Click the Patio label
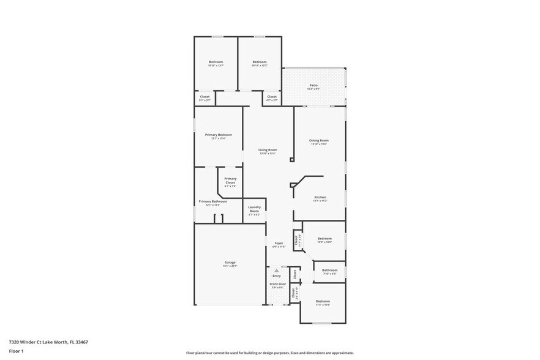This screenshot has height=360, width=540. pyautogui.click(x=313, y=85)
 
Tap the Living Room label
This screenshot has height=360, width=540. pyautogui.click(x=268, y=150)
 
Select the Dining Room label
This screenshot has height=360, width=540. pyautogui.click(x=319, y=141)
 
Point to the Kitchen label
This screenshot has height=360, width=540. pyautogui.click(x=320, y=197)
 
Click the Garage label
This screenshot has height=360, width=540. pyautogui.click(x=230, y=262)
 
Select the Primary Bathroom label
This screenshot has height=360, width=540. pyautogui.click(x=212, y=201)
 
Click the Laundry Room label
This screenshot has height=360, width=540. pyautogui.click(x=255, y=209)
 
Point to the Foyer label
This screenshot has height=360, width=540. pyautogui.click(x=279, y=243)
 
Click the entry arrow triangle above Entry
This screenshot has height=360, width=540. pyautogui.click(x=277, y=270)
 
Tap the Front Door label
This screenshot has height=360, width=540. pyautogui.click(x=278, y=284)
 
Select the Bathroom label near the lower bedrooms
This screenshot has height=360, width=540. pyautogui.click(x=330, y=270)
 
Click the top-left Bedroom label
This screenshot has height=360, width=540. pyautogui.click(x=216, y=62)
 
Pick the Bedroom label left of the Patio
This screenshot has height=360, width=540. pyautogui.click(x=260, y=62)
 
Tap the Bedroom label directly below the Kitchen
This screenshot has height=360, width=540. pyautogui.click(x=324, y=239)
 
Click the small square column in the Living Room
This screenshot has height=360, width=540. pyautogui.click(x=291, y=160)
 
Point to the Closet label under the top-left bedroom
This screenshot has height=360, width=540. pyautogui.click(x=204, y=97)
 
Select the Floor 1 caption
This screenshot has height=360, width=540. pyautogui.click(x=16, y=351)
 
